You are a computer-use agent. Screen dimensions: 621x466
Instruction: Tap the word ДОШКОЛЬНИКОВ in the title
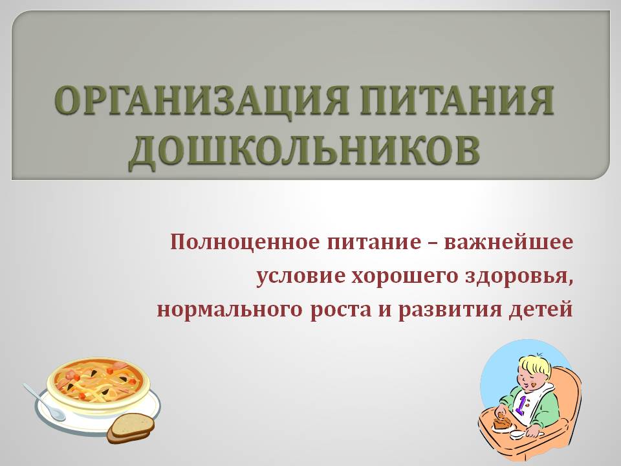[x=304, y=151]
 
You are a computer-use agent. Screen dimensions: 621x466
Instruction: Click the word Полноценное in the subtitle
[x=245, y=242]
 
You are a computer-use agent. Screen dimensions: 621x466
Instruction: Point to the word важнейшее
[x=508, y=242]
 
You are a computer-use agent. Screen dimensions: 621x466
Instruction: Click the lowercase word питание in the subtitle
[x=374, y=242]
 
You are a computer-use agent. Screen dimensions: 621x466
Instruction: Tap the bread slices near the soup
[x=131, y=428]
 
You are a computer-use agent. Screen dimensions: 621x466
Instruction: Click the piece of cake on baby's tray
[x=500, y=422]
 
